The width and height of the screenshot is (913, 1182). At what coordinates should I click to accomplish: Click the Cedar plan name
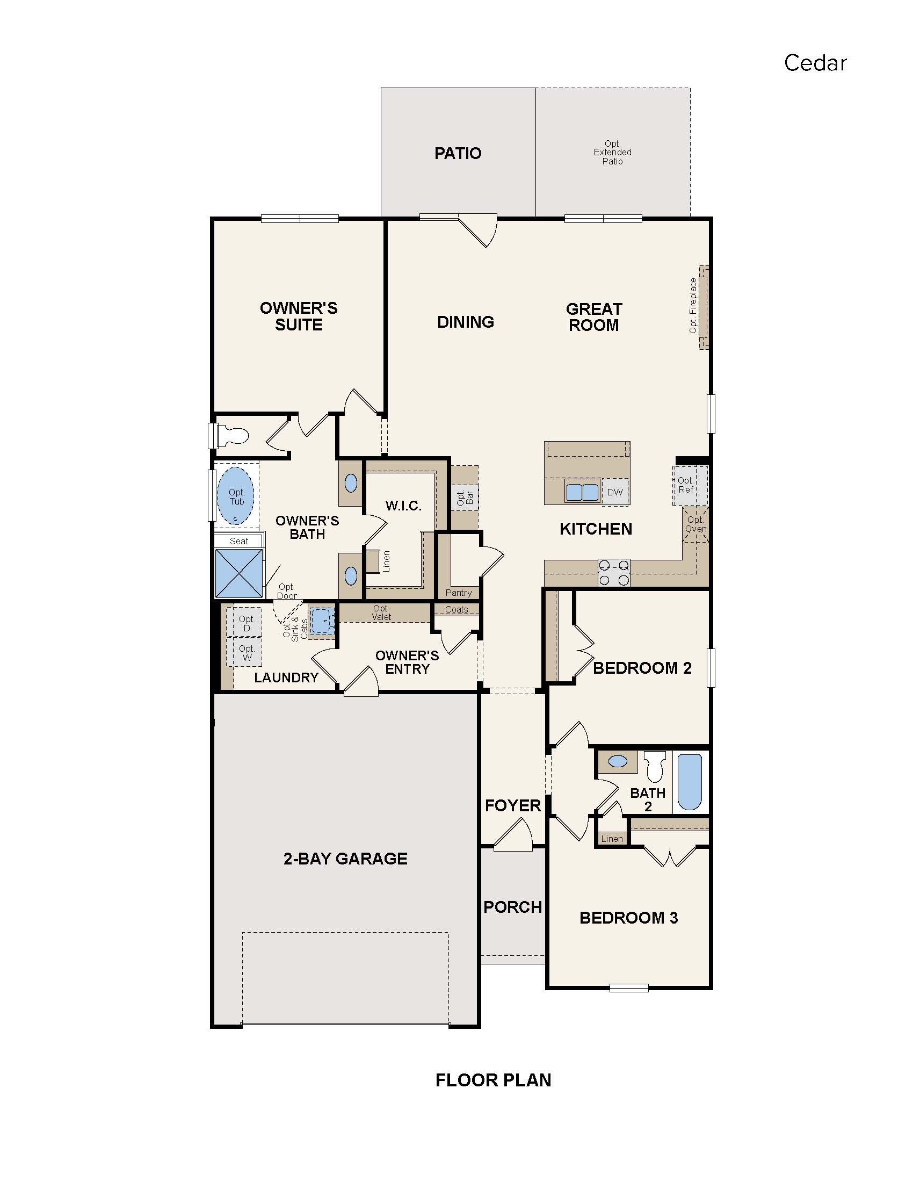pyautogui.click(x=815, y=63)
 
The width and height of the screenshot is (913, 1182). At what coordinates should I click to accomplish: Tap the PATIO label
pyautogui.click(x=458, y=153)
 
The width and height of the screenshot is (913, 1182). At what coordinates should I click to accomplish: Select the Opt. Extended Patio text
pyautogui.click(x=612, y=152)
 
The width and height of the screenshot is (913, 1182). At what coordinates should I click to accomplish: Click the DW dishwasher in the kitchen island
pyautogui.click(x=615, y=492)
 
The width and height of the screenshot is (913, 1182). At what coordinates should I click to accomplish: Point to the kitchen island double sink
pyautogui.click(x=582, y=492)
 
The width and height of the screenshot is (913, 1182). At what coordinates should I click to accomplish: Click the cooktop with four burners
pyautogui.click(x=614, y=573)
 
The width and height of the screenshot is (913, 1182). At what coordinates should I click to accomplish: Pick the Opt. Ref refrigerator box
pyautogui.click(x=690, y=485)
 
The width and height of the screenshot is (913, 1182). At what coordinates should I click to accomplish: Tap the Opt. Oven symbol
pyautogui.click(x=695, y=524)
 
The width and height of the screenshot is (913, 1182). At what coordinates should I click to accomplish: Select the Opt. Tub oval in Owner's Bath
pyautogui.click(x=236, y=496)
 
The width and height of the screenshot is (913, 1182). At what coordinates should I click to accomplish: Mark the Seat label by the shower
pyautogui.click(x=239, y=541)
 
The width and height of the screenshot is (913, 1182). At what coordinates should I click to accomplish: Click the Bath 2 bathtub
pyautogui.click(x=690, y=782)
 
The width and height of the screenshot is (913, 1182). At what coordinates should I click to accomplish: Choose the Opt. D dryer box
pyautogui.click(x=246, y=623)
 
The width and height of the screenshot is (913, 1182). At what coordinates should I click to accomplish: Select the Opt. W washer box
pyautogui.click(x=247, y=653)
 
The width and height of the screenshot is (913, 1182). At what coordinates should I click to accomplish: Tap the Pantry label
pyautogui.click(x=458, y=593)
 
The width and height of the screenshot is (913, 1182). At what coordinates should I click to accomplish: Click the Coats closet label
pyautogui.click(x=457, y=609)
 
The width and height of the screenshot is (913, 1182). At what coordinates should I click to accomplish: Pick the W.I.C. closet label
pyautogui.click(x=403, y=506)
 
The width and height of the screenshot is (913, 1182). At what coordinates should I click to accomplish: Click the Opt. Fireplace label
pyautogui.click(x=693, y=305)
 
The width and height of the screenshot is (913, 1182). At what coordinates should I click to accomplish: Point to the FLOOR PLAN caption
pyautogui.click(x=493, y=1080)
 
